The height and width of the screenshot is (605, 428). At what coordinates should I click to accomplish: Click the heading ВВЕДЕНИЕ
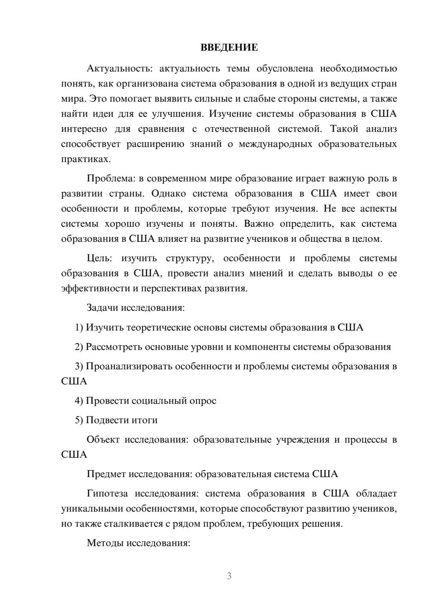click(229, 47)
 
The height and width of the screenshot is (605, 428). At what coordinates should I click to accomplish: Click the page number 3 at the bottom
click(229, 576)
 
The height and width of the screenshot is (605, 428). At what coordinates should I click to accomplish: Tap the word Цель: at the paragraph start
click(99, 258)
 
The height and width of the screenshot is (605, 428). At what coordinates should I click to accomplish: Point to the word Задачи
click(103, 308)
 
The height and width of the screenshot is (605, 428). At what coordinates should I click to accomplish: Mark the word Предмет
click(106, 474)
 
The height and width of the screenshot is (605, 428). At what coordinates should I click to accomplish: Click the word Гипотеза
click(107, 493)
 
